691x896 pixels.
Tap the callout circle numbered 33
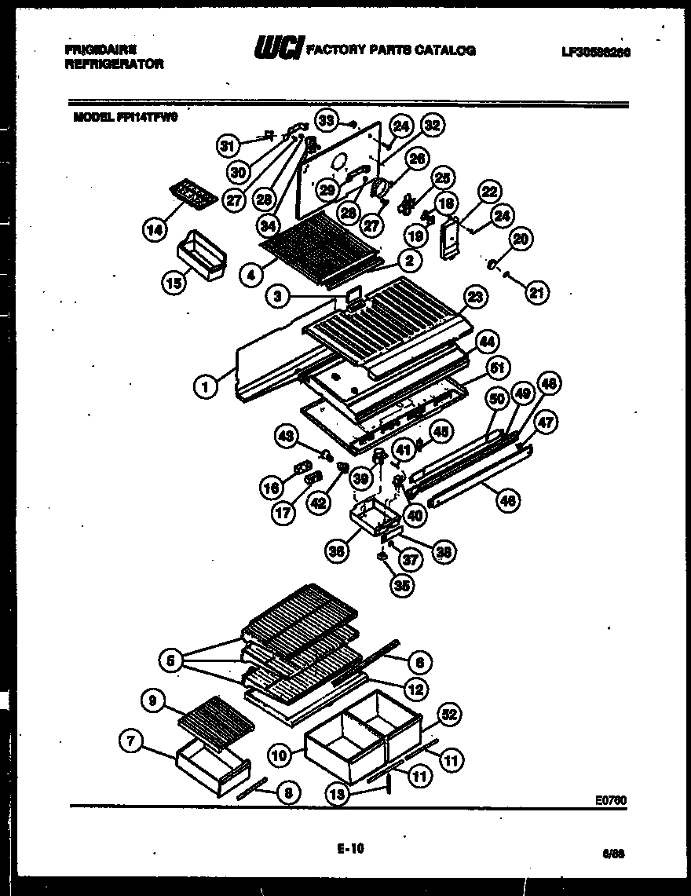coord(327,120)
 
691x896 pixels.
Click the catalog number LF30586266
coord(598,52)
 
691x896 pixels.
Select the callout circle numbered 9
coord(153,697)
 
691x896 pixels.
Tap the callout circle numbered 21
coord(537,294)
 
